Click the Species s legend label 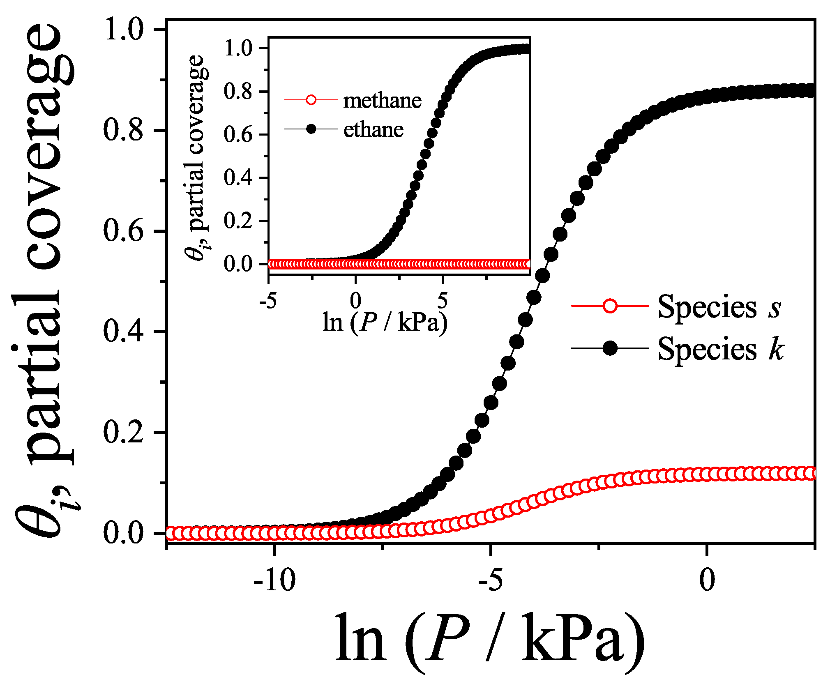[719, 307]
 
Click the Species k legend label [721, 349]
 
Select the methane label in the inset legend [382, 101]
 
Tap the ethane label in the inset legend [373, 130]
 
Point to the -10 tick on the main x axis [274, 580]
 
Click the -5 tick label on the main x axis [490, 580]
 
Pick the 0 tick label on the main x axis [707, 580]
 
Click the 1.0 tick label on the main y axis [124, 30]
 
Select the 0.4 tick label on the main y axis [124, 332]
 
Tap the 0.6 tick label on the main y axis [124, 231]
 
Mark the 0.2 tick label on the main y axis [124, 433]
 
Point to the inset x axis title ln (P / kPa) [385, 322]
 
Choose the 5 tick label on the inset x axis [442, 301]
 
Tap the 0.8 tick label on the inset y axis [238, 91]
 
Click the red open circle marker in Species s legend [610, 306]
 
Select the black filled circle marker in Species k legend [610, 348]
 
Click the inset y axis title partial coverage [196, 156]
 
